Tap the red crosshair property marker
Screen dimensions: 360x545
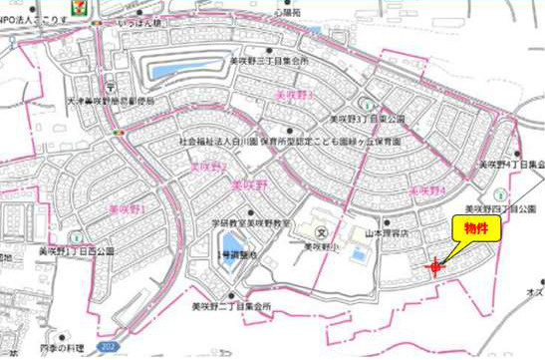coord(435,265)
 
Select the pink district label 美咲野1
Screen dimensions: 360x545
coord(127,209)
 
